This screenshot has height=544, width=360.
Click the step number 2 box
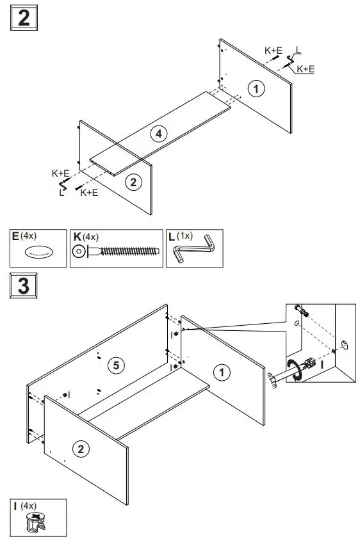[x=24, y=17]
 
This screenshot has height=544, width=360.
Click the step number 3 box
[x=24, y=285]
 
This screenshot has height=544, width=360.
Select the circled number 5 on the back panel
[x=115, y=365]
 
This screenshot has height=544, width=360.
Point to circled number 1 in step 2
[x=256, y=89]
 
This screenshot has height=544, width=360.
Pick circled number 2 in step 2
[x=133, y=182]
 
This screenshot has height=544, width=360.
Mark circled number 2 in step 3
[x=80, y=449]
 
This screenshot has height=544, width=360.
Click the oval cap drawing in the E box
[x=38, y=253]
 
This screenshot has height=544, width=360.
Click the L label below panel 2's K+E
[x=62, y=192]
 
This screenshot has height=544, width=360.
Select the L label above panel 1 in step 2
[x=299, y=49]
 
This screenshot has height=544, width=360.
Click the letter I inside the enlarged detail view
[x=322, y=364]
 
